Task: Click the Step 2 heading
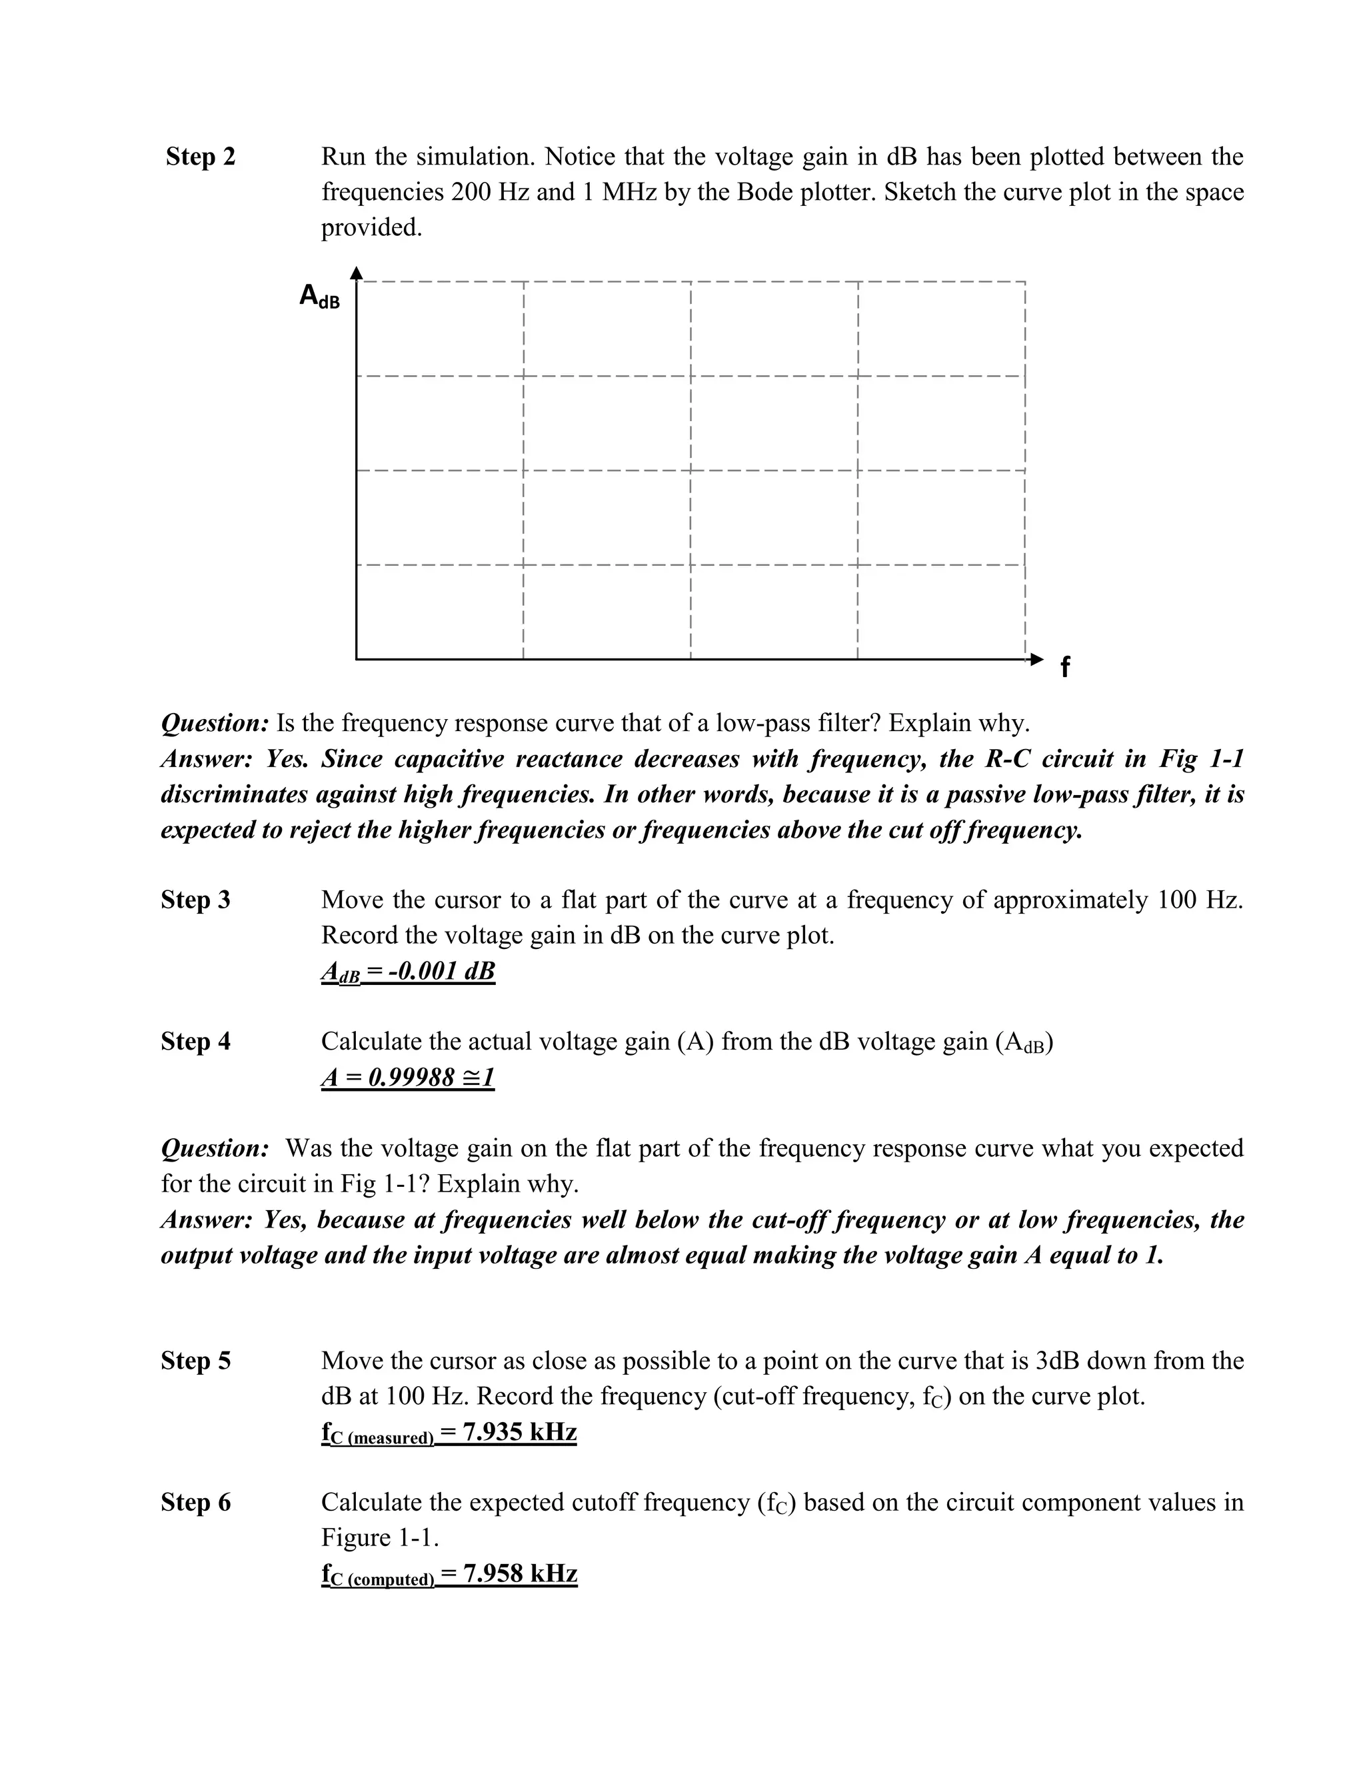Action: [x=200, y=156]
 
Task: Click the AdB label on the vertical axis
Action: [x=319, y=296]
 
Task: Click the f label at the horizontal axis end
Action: [x=1064, y=667]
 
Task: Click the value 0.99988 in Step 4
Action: [x=412, y=1077]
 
